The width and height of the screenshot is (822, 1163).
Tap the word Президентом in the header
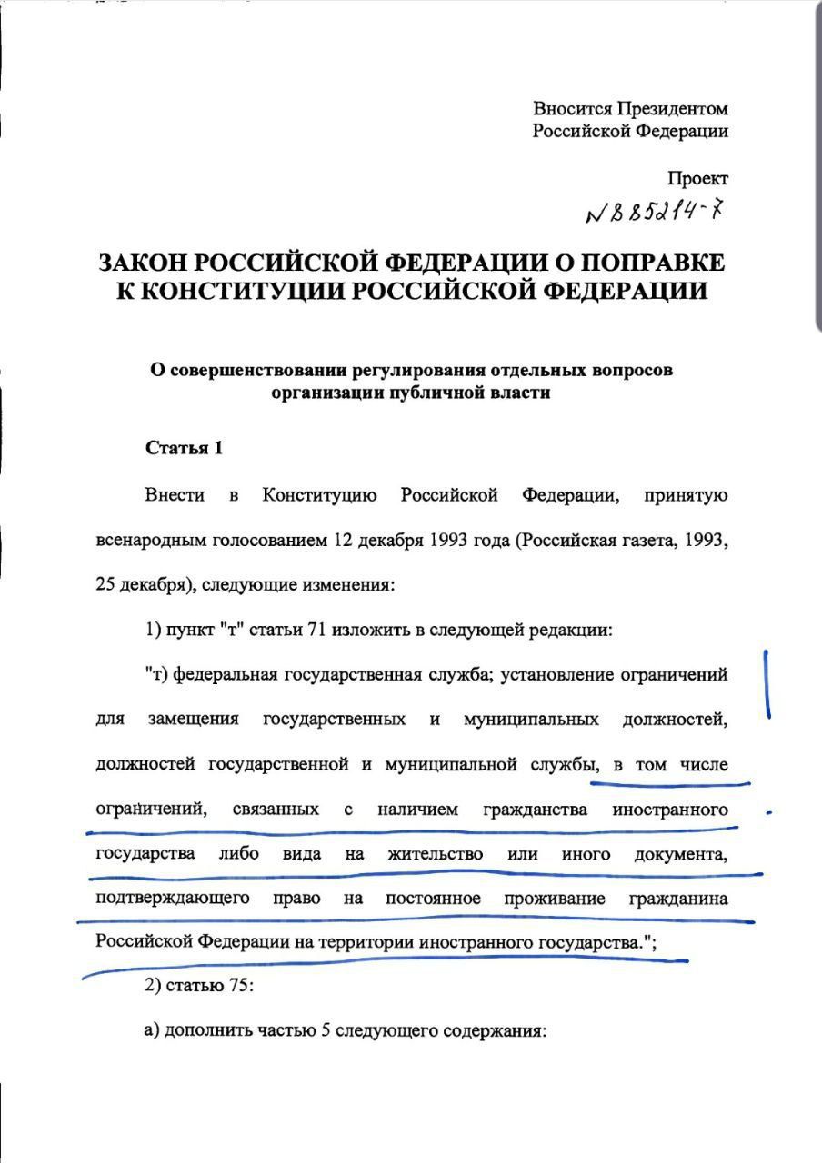pyautogui.click(x=672, y=109)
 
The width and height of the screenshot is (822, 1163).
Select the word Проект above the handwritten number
pyautogui.click(x=697, y=178)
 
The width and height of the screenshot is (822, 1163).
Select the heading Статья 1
pyautogui.click(x=184, y=447)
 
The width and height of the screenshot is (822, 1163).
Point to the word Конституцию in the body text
pyautogui.click(x=319, y=495)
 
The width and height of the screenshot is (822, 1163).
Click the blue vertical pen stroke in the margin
pyautogui.click(x=768, y=683)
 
